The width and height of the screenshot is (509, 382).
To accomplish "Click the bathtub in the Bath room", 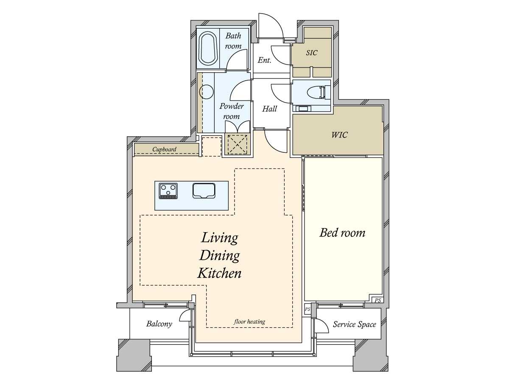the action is [x=208, y=48].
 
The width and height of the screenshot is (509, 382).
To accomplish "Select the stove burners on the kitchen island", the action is [x=168, y=191].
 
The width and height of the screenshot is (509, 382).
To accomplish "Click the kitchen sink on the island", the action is [x=204, y=191].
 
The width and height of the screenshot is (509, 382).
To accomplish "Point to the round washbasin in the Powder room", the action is [x=206, y=92].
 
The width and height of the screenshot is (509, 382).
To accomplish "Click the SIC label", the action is [x=311, y=53].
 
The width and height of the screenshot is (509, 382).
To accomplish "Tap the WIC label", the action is [x=339, y=135].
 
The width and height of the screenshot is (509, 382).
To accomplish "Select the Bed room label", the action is [x=342, y=233].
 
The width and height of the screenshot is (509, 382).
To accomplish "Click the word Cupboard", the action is [x=164, y=149].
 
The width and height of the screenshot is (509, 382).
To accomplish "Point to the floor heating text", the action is [x=249, y=321].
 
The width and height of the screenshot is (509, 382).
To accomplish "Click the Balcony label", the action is [x=159, y=324].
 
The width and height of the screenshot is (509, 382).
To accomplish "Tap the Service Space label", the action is [x=354, y=324].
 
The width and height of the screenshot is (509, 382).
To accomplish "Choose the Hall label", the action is [x=269, y=109].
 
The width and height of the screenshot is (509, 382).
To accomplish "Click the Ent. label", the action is [x=264, y=60].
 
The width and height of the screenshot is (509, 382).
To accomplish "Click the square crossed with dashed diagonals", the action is [x=237, y=144].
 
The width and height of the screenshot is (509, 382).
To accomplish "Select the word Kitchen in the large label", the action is [x=219, y=273].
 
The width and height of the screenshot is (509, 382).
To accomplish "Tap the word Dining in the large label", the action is [x=219, y=256].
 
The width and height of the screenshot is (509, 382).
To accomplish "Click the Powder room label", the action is [x=232, y=111].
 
